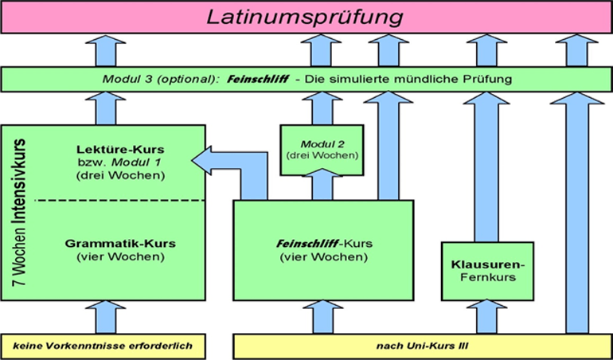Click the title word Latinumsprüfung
[306, 17]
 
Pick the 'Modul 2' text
[322, 143]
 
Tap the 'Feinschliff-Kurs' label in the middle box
[322, 244]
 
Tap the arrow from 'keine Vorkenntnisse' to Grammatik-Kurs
[105, 316]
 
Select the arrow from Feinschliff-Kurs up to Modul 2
[322, 187]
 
